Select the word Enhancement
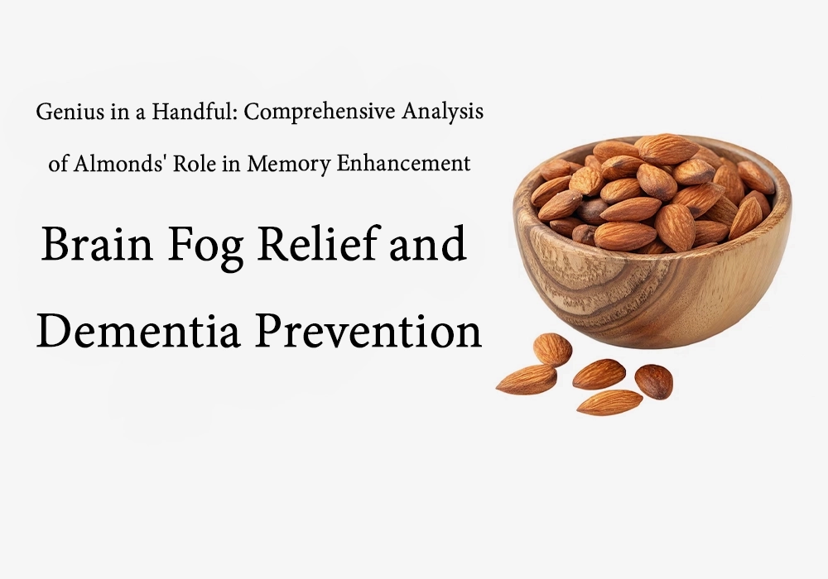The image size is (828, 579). coord(405,164)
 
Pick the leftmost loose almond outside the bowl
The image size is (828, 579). coord(526,379)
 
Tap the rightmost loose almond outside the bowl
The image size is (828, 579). coord(653,381)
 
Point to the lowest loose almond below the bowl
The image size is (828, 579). coord(609,402)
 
